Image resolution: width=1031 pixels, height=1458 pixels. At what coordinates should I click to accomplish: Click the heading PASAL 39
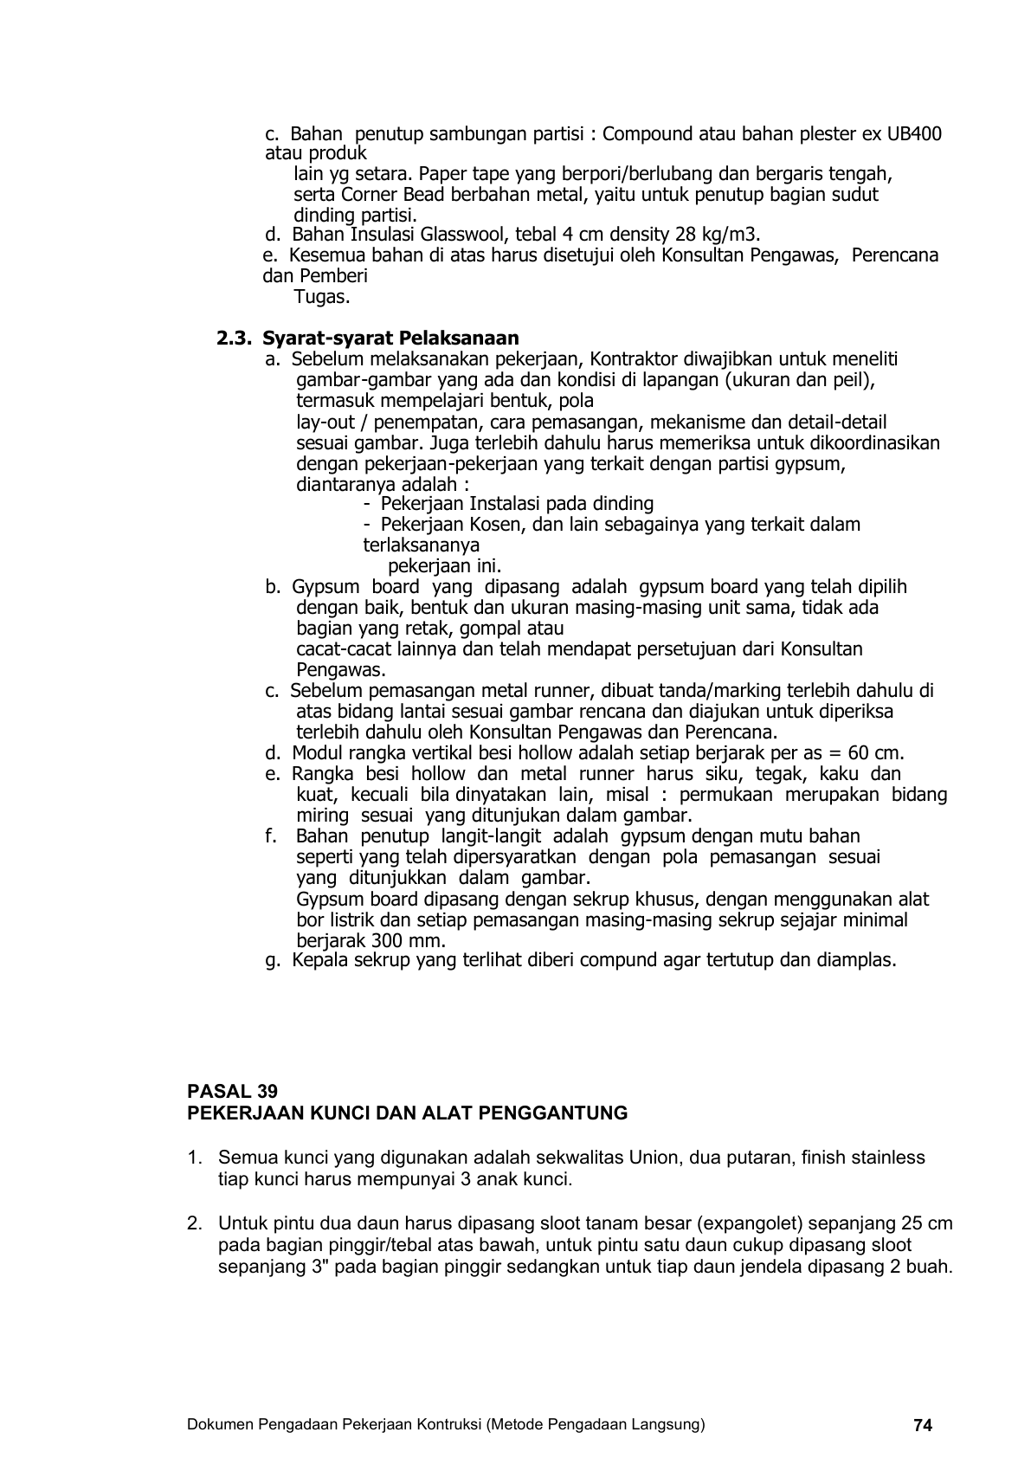[x=233, y=1092]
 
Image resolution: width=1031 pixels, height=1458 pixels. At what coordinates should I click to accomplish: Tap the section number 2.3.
[x=235, y=338]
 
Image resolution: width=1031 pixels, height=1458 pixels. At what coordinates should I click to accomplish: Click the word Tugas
[x=322, y=297]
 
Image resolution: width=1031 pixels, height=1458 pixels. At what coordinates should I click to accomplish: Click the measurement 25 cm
[x=928, y=1223]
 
